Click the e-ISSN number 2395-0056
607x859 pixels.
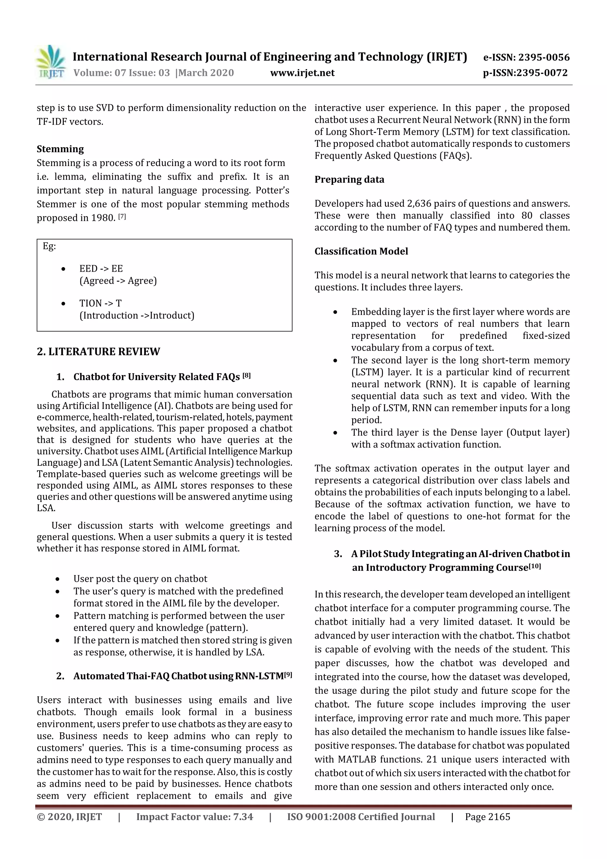(543, 57)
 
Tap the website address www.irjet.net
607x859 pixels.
(302, 73)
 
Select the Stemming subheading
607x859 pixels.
(60, 149)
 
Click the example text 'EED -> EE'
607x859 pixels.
(101, 269)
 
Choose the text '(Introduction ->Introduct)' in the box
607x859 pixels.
(137, 315)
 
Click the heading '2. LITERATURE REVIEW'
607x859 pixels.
(98, 351)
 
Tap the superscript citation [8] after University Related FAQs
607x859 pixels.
(247, 375)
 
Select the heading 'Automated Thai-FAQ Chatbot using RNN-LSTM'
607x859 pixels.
(178, 676)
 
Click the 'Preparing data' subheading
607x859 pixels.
(349, 180)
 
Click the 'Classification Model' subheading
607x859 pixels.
(361, 251)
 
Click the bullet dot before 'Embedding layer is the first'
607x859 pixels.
(336, 312)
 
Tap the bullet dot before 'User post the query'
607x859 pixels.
(57, 579)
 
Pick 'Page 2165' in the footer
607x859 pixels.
(487, 817)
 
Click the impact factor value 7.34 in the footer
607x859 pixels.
(243, 817)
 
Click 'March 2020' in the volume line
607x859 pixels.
(206, 73)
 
